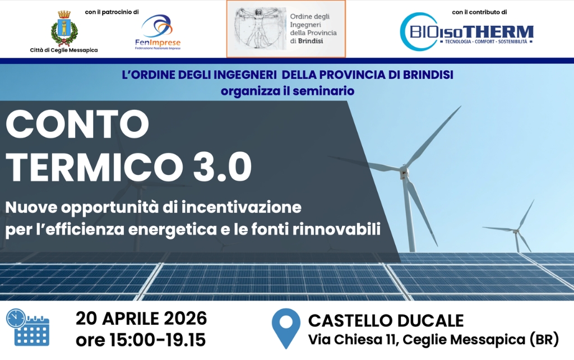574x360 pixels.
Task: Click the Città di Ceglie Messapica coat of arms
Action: coord(64,28)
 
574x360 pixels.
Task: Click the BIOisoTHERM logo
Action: coord(466,32)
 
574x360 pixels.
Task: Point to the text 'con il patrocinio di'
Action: coord(112,12)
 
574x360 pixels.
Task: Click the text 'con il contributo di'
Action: coord(479,12)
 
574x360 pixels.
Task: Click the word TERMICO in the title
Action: coord(94,167)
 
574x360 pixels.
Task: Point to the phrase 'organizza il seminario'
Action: coord(288,91)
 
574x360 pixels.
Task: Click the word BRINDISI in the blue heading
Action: coord(428,75)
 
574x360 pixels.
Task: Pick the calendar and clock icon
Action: coord(27,327)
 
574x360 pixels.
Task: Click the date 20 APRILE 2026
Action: coord(141,319)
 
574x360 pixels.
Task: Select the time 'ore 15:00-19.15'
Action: coord(141,340)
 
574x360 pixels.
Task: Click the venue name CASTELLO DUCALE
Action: coord(386,321)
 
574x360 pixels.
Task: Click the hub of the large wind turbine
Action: coord(404,172)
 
